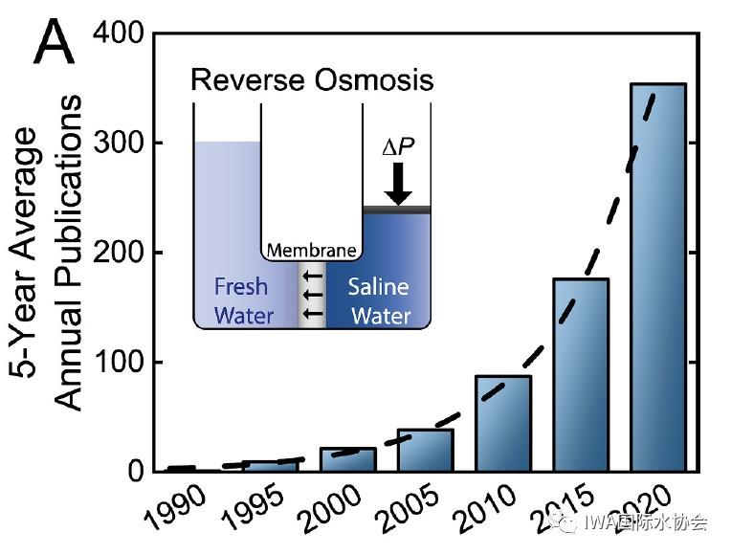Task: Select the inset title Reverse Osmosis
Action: [x=312, y=79]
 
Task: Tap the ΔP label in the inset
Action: [x=399, y=149]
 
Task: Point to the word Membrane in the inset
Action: [x=311, y=252]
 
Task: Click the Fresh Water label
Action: [x=241, y=300]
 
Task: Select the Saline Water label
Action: [x=379, y=300]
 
